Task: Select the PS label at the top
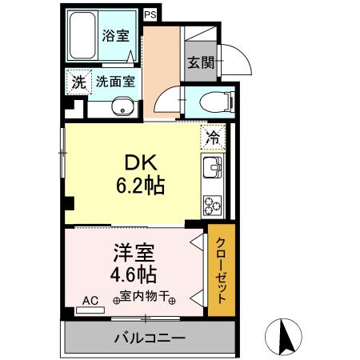pyautogui.click(x=150, y=14)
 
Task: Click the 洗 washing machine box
pyautogui.click(x=78, y=81)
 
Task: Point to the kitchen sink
pyautogui.click(x=212, y=169)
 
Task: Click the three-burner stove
pyautogui.click(x=212, y=205)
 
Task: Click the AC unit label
pyautogui.click(x=90, y=302)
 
